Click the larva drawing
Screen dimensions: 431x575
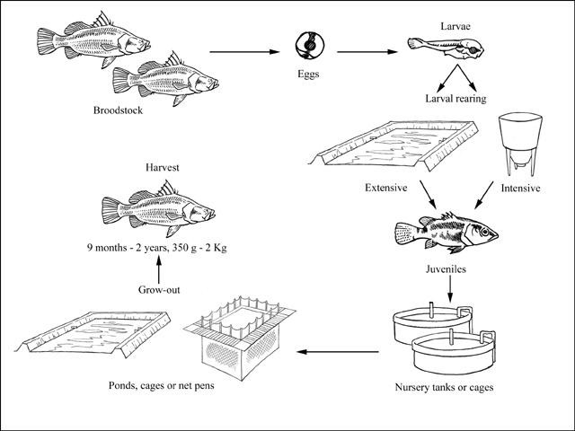pyautogui.click(x=438, y=45)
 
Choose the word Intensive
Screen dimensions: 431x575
pyautogui.click(x=519, y=189)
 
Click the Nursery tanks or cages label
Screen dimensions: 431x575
pyautogui.click(x=444, y=388)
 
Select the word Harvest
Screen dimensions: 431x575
pyautogui.click(x=161, y=165)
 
